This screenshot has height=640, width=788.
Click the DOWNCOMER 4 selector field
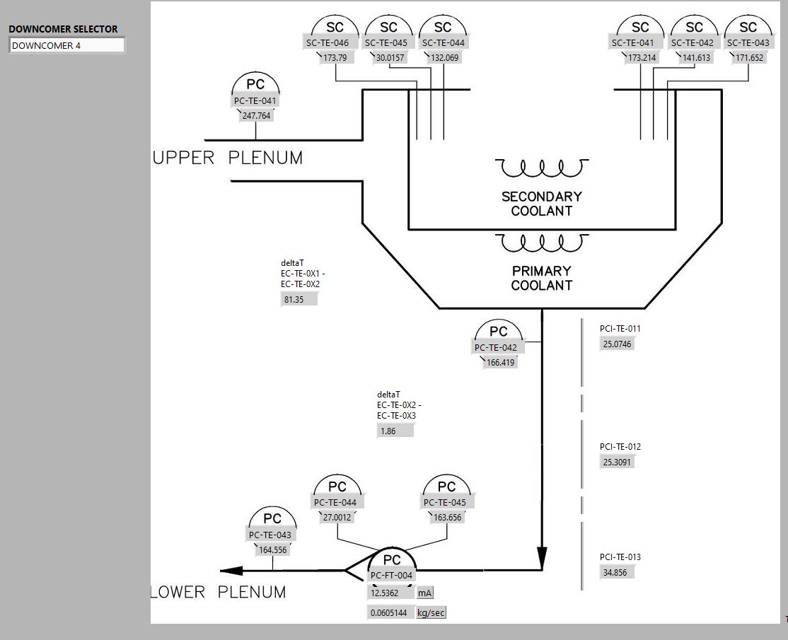[x=66, y=45]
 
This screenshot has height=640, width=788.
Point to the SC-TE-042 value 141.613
[x=696, y=58]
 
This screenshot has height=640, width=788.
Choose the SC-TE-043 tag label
[x=748, y=43]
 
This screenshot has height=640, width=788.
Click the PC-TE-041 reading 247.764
[x=257, y=116]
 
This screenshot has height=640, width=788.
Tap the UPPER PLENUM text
[x=228, y=158]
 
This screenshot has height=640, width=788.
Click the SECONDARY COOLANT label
[x=542, y=204]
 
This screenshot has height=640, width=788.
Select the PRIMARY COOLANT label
[x=542, y=278]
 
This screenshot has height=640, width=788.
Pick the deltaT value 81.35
[x=299, y=300]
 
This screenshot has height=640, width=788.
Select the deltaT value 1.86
[x=395, y=431]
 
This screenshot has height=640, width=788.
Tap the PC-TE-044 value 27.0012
[x=337, y=518]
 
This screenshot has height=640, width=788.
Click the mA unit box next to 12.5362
[x=425, y=593]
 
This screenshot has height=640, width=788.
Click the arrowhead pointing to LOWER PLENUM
[x=231, y=571]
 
